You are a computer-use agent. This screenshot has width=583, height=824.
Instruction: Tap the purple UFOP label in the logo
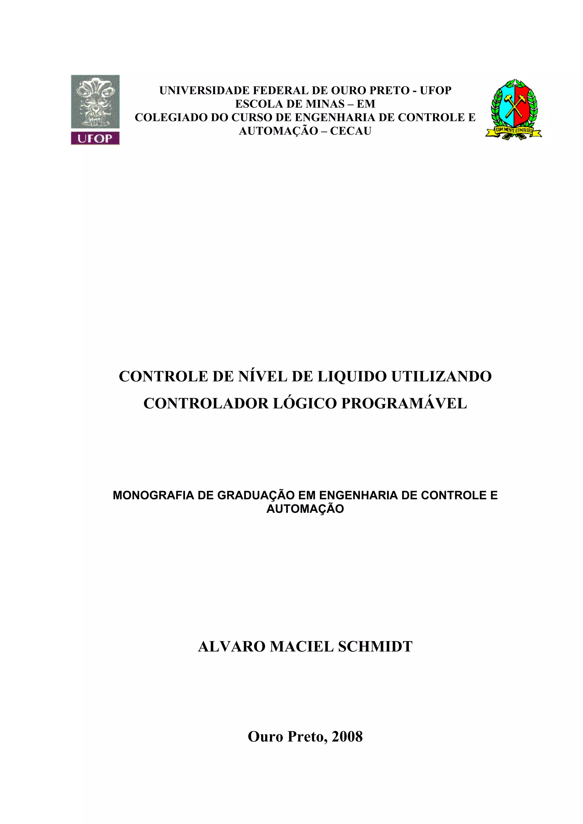pyautogui.click(x=95, y=138)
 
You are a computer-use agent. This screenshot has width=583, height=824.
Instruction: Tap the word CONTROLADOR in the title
pyautogui.click(x=206, y=403)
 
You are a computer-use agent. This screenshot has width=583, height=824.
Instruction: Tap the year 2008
pyautogui.click(x=347, y=736)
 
